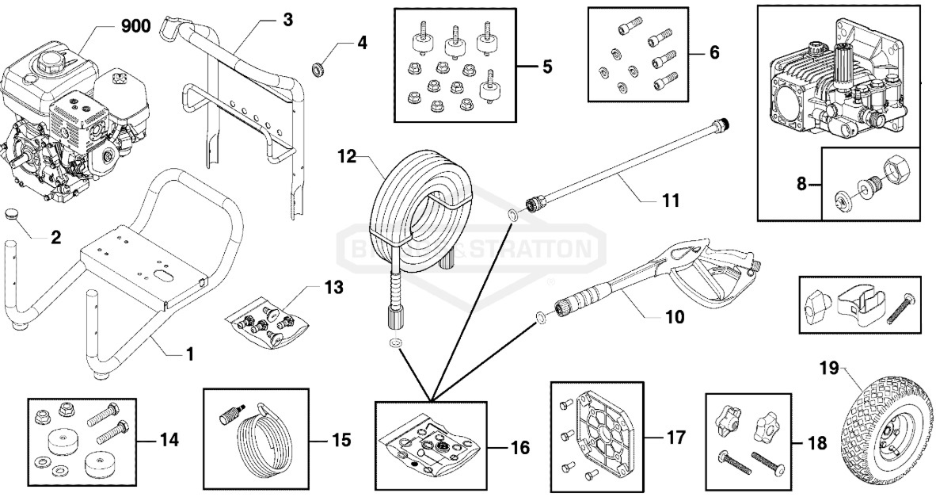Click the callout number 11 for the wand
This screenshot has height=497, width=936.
[x=670, y=201]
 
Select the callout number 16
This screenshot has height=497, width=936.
[x=519, y=448]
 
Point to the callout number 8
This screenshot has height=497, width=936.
[x=801, y=183]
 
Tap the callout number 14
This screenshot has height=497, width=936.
[x=169, y=439]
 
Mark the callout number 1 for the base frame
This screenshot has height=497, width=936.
[x=190, y=354]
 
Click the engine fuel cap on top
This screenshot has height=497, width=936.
[x=59, y=59]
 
